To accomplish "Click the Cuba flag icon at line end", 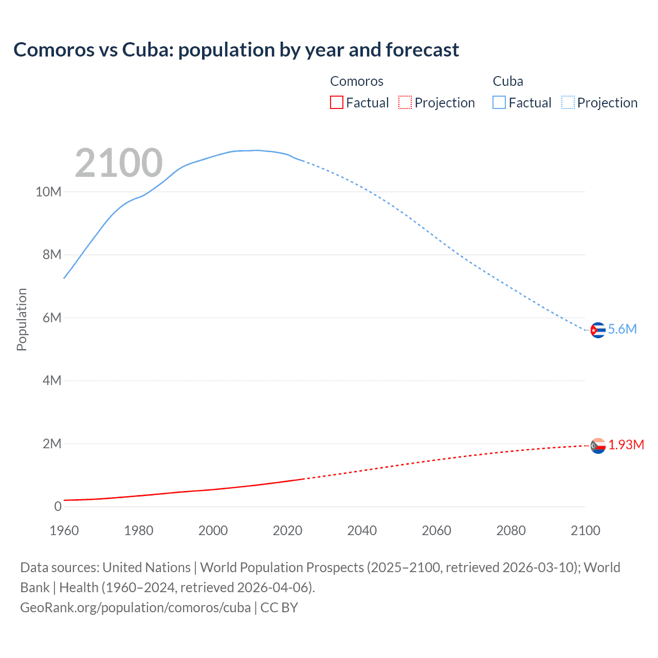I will pos(597,330).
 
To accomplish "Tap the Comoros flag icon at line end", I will pos(598,446).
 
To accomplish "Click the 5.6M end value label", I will pos(622,330).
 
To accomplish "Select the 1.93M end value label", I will pos(626,445).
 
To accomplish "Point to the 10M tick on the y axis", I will pos(48,192).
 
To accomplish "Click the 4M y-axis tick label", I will pos(52,381).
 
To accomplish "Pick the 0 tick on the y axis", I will pos(58,507).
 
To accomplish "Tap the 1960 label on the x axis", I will pos(64,531).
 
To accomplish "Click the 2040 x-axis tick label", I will pos(362,531).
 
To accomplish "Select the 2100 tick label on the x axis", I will pos(585,531).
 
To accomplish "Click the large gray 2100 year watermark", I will pos(119,163).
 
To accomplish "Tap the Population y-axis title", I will pos(22,319).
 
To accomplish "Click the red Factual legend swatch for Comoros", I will pos(336,103).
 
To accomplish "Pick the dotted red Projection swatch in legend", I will pos(405,103).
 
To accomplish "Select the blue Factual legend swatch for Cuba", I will pos(499,103).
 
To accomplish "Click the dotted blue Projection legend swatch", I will pos(568,103).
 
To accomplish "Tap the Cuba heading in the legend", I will pos(508,81).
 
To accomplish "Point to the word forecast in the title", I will pos(422,50).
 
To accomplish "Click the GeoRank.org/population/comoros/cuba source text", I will pos(135,608).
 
